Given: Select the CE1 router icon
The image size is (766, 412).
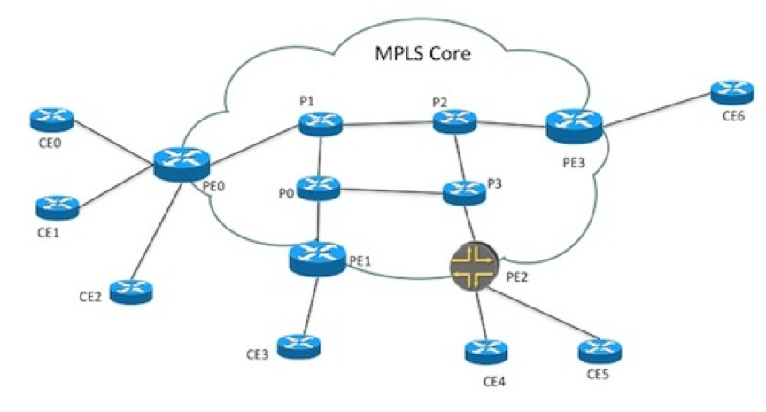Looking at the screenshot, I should [x=57, y=207].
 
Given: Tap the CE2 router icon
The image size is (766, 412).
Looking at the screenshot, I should [x=132, y=289].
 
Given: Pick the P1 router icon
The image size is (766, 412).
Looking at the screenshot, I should [x=320, y=123].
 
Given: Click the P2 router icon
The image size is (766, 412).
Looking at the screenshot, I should [x=455, y=121].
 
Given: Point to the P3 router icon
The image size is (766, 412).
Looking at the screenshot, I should [x=462, y=190].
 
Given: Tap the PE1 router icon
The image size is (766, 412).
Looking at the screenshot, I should [x=318, y=257].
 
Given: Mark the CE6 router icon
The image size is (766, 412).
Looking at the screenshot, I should [x=732, y=91].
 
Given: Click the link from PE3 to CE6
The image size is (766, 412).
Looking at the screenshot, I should [x=655, y=108].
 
